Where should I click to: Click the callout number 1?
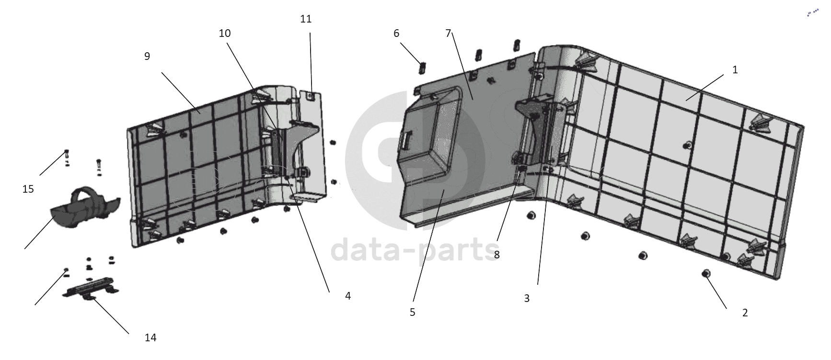(x=735, y=70)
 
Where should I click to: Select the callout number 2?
(x=745, y=313)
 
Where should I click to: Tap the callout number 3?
(x=527, y=298)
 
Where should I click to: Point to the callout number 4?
(x=348, y=296)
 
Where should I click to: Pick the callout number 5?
(x=413, y=313)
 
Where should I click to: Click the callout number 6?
(x=396, y=33)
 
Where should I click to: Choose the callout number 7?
(x=449, y=33)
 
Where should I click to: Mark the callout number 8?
(x=496, y=255)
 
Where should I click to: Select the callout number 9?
(x=147, y=56)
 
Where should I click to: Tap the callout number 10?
(x=225, y=33)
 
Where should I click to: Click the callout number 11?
(x=306, y=19)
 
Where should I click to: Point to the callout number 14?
(x=150, y=338)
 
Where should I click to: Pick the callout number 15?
(x=28, y=189)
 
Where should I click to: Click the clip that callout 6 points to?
(x=422, y=68)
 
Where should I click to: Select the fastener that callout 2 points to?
(x=705, y=274)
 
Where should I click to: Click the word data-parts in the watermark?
(x=415, y=251)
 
